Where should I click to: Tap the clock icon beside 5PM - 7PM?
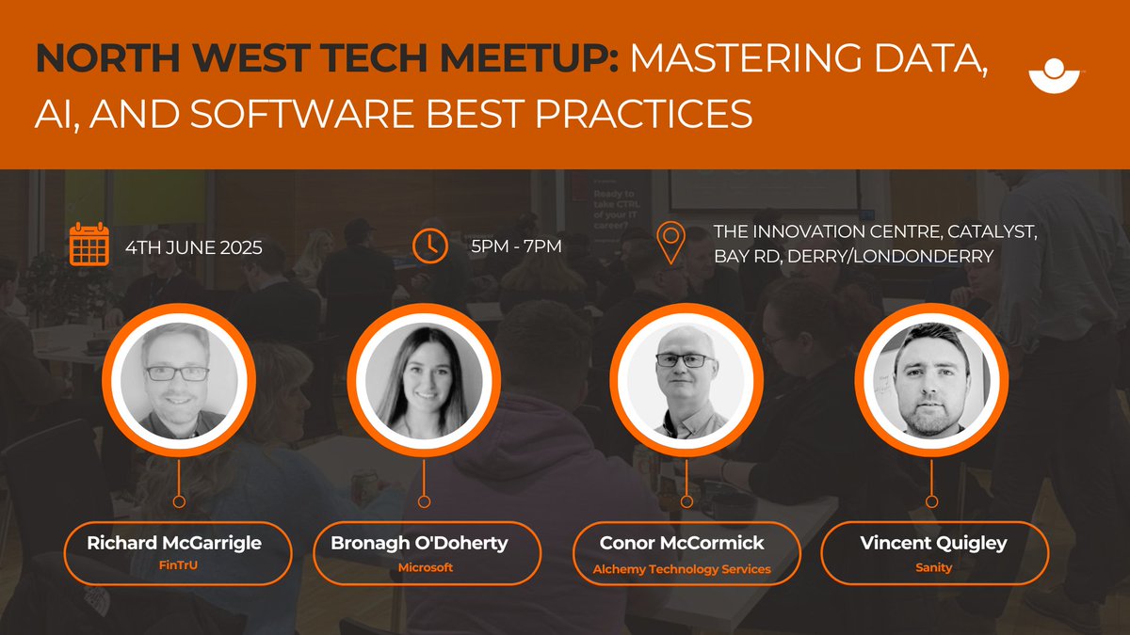(430, 246)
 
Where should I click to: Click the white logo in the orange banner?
(1057, 77)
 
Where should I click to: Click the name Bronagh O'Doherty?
(418, 544)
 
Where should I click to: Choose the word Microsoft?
(425, 567)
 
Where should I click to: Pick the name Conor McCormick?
(682, 544)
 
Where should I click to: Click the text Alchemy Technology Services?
(682, 568)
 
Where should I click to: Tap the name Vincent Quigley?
(932, 544)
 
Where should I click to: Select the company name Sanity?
(932, 568)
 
